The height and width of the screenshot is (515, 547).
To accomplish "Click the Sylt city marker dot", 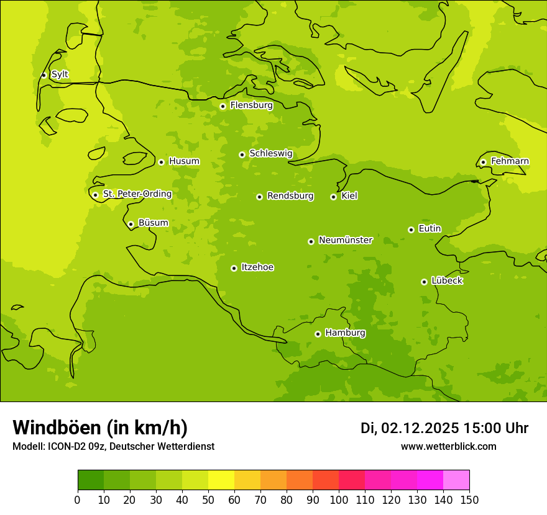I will [44, 75].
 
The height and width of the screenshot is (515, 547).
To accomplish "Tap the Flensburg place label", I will [251, 105].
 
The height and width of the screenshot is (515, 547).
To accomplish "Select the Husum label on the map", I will [184, 161].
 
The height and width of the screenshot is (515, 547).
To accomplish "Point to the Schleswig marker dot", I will [242, 154].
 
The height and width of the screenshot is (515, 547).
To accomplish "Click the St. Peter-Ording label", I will [137, 194].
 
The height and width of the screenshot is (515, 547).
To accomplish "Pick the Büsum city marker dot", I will [131, 224].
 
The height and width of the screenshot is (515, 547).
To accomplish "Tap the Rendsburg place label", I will [290, 196].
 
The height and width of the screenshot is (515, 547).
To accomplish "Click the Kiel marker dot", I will [333, 197].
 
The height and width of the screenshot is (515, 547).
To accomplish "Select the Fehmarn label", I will [510, 161].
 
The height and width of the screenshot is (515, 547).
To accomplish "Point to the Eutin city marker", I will [411, 230].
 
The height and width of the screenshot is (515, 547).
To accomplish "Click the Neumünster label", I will [346, 240].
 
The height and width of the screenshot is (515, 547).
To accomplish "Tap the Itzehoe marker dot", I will [234, 268].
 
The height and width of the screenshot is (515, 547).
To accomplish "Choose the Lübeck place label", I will [447, 281].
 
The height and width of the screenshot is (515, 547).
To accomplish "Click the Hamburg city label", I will [345, 333].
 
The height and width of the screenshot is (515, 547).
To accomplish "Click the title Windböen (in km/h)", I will [100, 428].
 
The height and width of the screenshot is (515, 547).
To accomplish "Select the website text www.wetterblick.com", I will [448, 446].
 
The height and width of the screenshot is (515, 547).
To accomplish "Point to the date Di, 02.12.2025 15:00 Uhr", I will [444, 428].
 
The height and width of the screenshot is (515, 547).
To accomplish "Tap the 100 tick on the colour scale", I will [339, 499].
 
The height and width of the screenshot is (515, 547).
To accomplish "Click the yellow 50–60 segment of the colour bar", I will [221, 480].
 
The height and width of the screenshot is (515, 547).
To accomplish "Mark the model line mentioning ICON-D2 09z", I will [113, 446].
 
